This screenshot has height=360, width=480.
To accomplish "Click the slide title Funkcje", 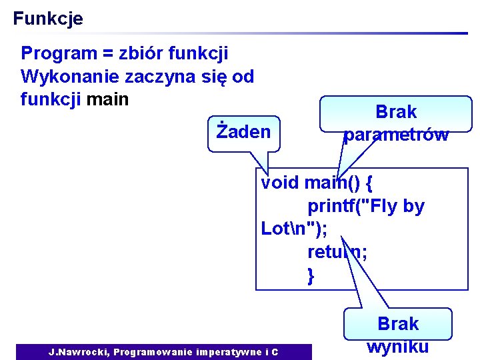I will (48, 19).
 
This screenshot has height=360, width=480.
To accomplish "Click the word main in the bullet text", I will (107, 100).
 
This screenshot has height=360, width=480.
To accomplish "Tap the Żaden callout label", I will (243, 131).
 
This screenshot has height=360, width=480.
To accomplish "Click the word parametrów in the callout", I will (396, 135).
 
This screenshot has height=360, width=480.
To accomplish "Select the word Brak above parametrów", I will (396, 112).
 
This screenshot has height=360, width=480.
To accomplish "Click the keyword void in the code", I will (280, 183).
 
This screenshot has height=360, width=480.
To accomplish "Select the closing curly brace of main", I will (311, 275).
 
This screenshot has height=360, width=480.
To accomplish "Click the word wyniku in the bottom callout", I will (398, 347).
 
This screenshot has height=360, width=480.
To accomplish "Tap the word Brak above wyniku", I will (398, 324).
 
